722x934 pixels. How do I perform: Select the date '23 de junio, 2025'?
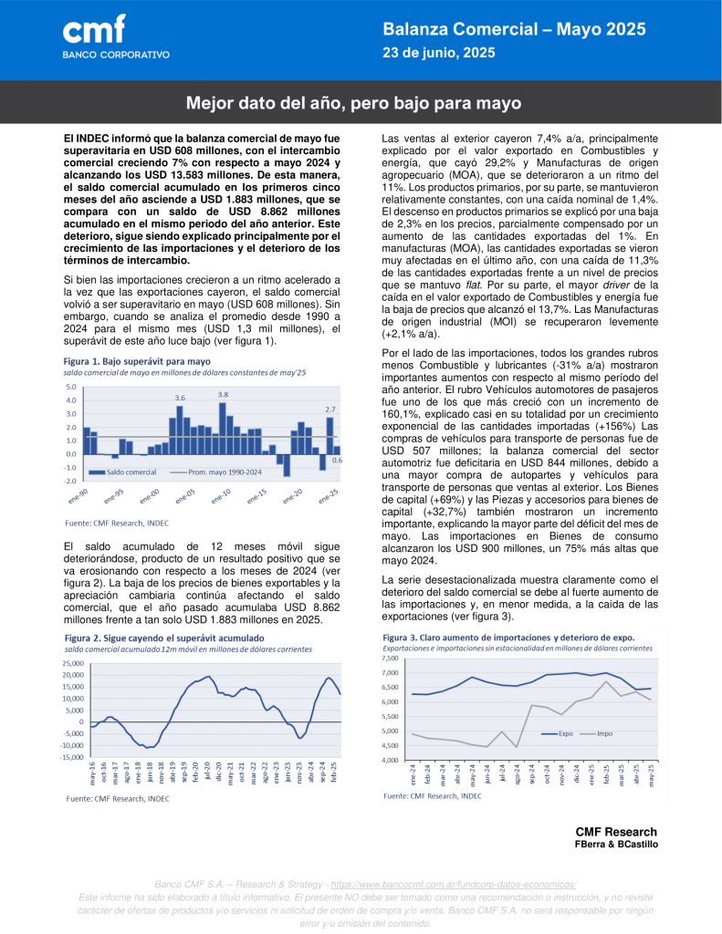coord(438,53)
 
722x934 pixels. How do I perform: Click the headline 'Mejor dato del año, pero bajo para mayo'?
coord(354,103)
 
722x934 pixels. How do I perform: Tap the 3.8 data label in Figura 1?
coord(223,394)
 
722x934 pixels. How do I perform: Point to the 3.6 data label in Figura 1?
coord(180,398)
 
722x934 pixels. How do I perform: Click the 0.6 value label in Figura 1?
coord(337,461)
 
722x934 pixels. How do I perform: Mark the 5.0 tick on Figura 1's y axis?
coord(71,387)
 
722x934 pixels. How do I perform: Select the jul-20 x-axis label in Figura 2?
coord(207,771)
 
